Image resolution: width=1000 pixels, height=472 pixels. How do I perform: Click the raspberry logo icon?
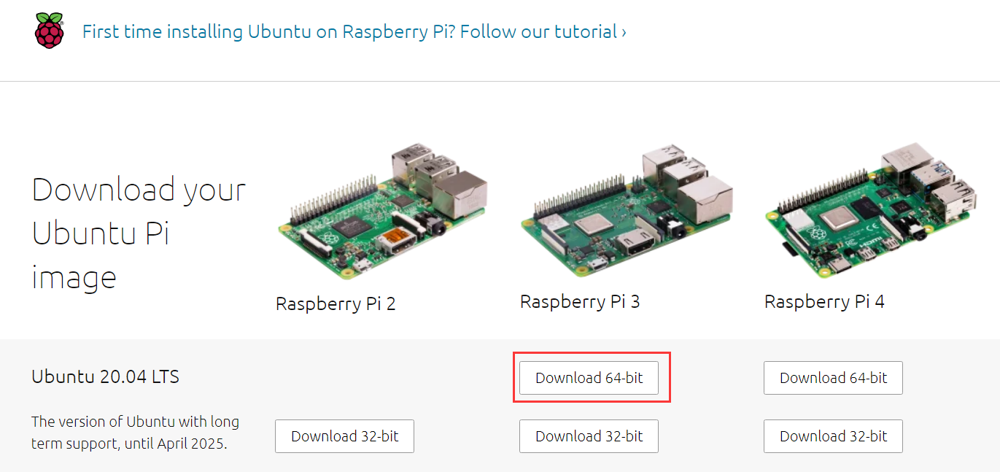(x=49, y=31)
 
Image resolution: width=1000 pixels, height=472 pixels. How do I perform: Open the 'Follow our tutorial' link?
(x=543, y=31)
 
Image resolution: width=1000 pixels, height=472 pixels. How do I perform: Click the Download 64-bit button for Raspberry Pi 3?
(x=589, y=378)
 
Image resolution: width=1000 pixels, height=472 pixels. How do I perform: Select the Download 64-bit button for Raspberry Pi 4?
(x=833, y=378)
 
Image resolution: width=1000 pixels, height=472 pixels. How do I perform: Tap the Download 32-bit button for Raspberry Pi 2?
(x=345, y=436)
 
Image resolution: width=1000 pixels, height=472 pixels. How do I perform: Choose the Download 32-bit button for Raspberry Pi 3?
(x=589, y=436)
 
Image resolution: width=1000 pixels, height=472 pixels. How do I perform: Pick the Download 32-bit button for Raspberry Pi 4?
(x=833, y=436)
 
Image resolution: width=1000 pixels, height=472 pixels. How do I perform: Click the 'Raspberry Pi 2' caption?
(x=336, y=304)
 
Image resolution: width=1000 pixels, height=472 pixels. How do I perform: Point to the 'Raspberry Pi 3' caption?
(x=580, y=302)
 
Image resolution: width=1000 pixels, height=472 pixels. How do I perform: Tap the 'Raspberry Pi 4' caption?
(x=824, y=302)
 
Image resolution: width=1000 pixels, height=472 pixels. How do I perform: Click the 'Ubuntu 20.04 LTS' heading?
(x=105, y=377)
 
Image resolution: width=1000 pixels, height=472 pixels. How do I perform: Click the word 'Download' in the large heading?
(x=103, y=190)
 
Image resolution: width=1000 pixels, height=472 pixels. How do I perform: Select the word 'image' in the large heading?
(x=74, y=278)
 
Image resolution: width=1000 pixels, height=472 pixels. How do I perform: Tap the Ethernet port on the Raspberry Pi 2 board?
(x=460, y=194)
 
